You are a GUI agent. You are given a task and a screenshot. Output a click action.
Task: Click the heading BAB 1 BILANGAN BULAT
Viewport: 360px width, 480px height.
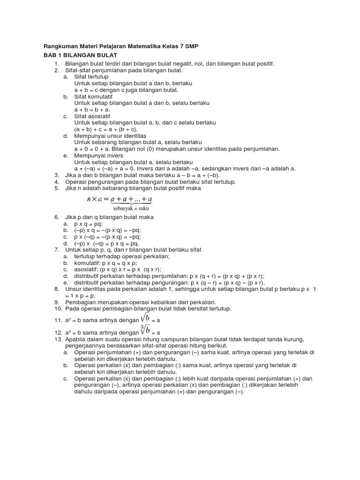coord(81,55)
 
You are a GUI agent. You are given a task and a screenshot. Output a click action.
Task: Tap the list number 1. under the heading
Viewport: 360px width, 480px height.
coord(57,63)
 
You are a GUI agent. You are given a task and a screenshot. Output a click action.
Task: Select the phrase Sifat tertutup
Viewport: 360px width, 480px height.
coord(91,76)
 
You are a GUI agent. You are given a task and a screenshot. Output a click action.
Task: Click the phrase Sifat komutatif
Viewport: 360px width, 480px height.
coord(93,96)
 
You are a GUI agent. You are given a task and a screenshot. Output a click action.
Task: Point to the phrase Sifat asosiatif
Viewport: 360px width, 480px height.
coord(93,116)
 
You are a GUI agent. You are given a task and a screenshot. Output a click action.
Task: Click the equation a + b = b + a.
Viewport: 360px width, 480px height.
coord(92,109)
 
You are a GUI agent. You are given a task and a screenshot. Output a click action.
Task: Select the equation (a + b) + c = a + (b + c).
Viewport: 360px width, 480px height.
coord(105,129)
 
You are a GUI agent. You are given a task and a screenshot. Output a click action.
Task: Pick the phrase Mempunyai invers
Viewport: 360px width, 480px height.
coord(98,155)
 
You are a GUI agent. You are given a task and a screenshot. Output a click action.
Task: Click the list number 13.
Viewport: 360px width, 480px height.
coord(58,339)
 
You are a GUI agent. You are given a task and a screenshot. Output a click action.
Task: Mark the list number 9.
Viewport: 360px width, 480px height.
coord(57,302)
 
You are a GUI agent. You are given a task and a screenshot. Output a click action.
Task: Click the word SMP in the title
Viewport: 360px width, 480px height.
coord(194,47)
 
